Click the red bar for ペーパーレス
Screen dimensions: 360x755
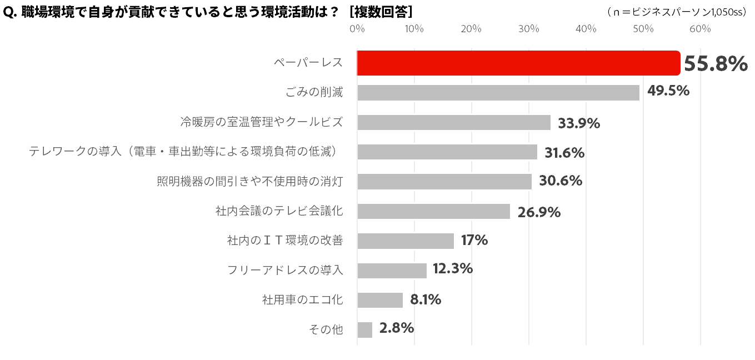tap(518, 63)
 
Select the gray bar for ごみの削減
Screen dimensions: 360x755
tap(498, 93)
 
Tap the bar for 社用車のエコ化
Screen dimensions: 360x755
tap(380, 300)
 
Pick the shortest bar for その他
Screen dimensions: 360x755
tap(364, 329)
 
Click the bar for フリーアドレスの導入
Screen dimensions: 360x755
tap(392, 271)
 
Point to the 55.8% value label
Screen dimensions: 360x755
tap(715, 64)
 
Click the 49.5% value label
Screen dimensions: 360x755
tap(668, 91)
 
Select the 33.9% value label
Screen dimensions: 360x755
tap(579, 123)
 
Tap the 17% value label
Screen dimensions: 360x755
tap(474, 240)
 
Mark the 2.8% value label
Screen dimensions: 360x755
tap(396, 328)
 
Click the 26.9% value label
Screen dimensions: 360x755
tap(539, 212)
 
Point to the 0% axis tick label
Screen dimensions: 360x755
tap(357, 29)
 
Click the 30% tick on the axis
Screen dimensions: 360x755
tap(529, 29)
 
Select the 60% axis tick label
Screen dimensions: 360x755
tap(700, 29)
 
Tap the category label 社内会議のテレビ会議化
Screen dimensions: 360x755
tap(279, 211)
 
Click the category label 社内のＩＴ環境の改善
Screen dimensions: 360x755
tap(285, 241)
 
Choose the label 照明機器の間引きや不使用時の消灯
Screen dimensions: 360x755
tap(250, 181)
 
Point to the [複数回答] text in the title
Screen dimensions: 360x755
tap(381, 12)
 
